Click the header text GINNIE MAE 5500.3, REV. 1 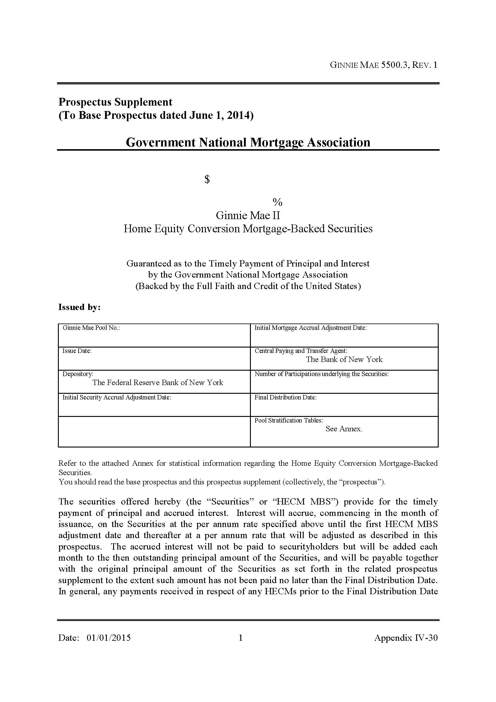(383, 65)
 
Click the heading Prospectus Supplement (115, 102)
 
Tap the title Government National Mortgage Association (248, 142)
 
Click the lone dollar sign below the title (207, 179)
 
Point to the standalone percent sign (278, 202)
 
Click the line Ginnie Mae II (248, 215)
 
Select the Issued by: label (80, 307)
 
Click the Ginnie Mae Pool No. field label (91, 328)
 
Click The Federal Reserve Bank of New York (158, 382)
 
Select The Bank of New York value (344, 360)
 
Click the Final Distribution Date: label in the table (285, 397)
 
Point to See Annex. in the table (344, 429)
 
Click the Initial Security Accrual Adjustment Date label (116, 397)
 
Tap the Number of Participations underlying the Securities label (321, 374)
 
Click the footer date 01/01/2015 (109, 638)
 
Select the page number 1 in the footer (241, 638)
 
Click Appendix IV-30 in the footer (406, 638)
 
